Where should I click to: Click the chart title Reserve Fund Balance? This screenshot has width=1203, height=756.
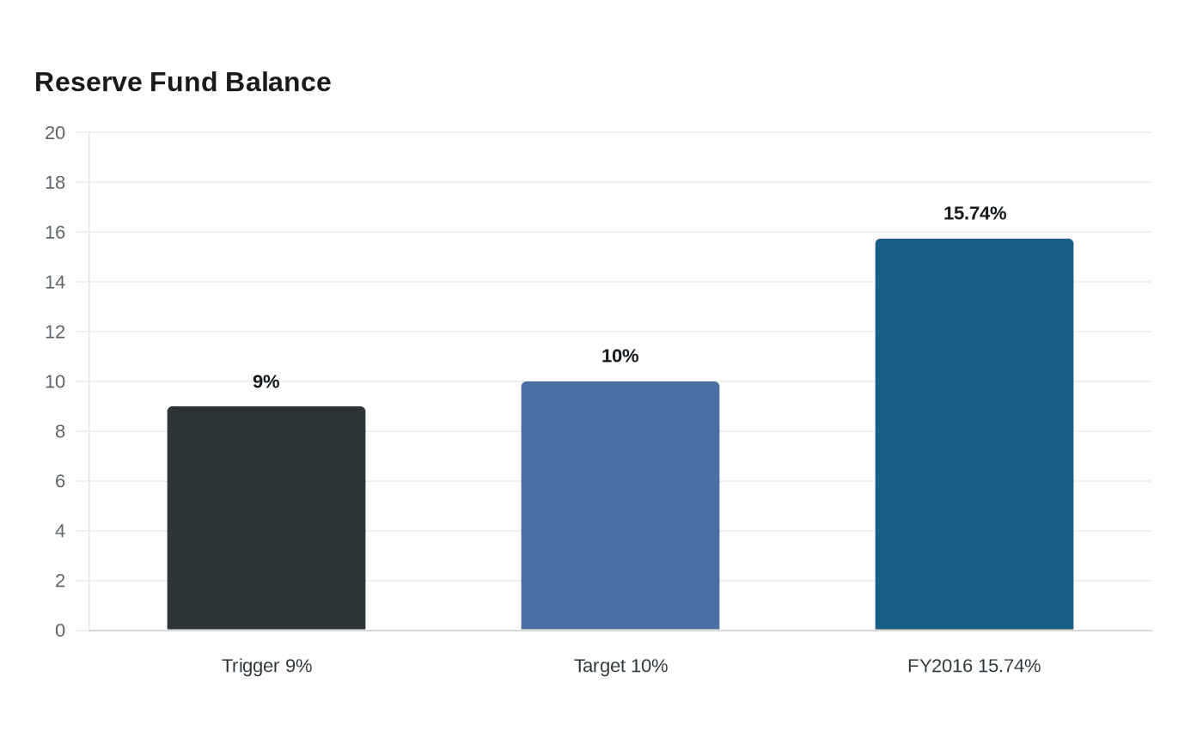click(182, 82)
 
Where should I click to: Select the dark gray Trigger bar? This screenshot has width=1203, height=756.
click(266, 518)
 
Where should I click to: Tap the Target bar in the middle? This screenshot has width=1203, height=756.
click(620, 506)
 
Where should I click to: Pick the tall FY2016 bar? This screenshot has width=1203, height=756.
click(974, 435)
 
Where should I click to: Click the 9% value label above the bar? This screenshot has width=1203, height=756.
click(266, 381)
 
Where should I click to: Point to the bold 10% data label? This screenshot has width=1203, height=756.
click(620, 356)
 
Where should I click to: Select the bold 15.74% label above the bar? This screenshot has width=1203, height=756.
click(974, 214)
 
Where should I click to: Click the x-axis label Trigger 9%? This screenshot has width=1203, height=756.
click(267, 666)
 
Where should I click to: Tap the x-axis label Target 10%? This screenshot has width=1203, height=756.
click(620, 666)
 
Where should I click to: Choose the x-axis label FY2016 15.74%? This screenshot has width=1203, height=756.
click(974, 666)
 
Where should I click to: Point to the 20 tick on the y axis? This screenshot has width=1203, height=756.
click(55, 132)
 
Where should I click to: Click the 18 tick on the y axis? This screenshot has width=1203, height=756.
click(55, 182)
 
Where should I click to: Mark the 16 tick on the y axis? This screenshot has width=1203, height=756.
click(55, 233)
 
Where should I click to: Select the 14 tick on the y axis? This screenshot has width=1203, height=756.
click(55, 283)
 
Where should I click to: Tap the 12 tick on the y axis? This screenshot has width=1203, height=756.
click(55, 332)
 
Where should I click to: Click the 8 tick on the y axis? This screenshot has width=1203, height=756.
click(60, 431)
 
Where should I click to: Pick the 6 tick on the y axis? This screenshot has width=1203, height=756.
click(60, 481)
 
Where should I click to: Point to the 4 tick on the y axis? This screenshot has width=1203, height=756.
click(60, 531)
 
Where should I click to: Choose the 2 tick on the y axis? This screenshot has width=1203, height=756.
click(60, 581)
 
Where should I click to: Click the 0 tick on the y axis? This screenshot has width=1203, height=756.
click(60, 631)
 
